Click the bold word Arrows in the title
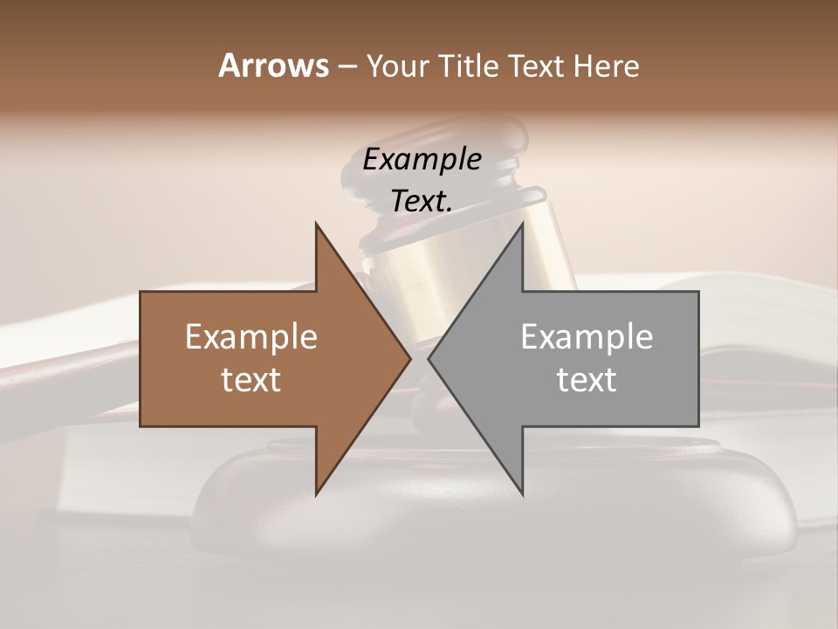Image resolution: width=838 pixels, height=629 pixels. (x=273, y=66)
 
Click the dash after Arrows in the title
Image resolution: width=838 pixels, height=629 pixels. (x=347, y=66)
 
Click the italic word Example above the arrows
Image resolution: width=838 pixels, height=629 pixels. (x=422, y=160)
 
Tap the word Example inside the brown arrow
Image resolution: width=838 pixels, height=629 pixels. (x=251, y=337)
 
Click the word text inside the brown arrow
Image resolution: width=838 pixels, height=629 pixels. (x=251, y=380)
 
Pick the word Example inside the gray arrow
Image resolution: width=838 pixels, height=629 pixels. (x=587, y=337)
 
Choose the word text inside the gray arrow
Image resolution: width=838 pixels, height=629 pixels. (x=587, y=380)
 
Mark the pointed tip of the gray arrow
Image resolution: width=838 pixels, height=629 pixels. (x=429, y=358)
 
